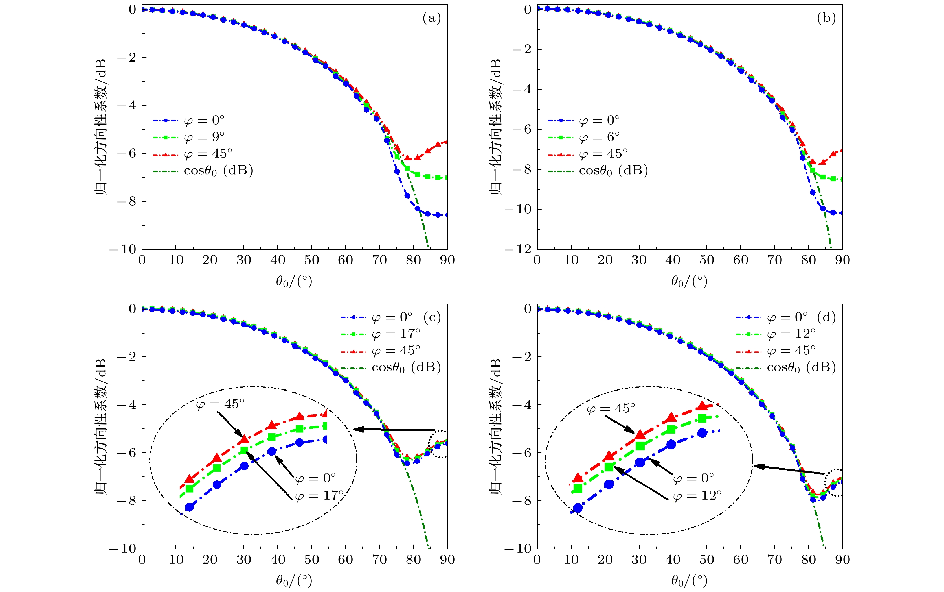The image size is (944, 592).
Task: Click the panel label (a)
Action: click(x=431, y=18)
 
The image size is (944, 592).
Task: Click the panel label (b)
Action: click(x=826, y=18)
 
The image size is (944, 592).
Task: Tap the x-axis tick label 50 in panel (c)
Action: click(x=312, y=560)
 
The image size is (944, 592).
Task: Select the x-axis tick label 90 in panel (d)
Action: click(x=842, y=560)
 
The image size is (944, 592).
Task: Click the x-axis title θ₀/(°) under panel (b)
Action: click(x=689, y=281)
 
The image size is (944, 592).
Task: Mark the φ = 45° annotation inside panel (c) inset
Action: click(x=220, y=404)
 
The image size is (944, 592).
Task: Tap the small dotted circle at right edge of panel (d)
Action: click(x=835, y=482)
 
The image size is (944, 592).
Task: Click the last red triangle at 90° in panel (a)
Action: click(x=447, y=142)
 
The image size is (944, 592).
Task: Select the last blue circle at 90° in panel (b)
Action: click(x=842, y=213)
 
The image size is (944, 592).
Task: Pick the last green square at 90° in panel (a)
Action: click(x=447, y=178)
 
